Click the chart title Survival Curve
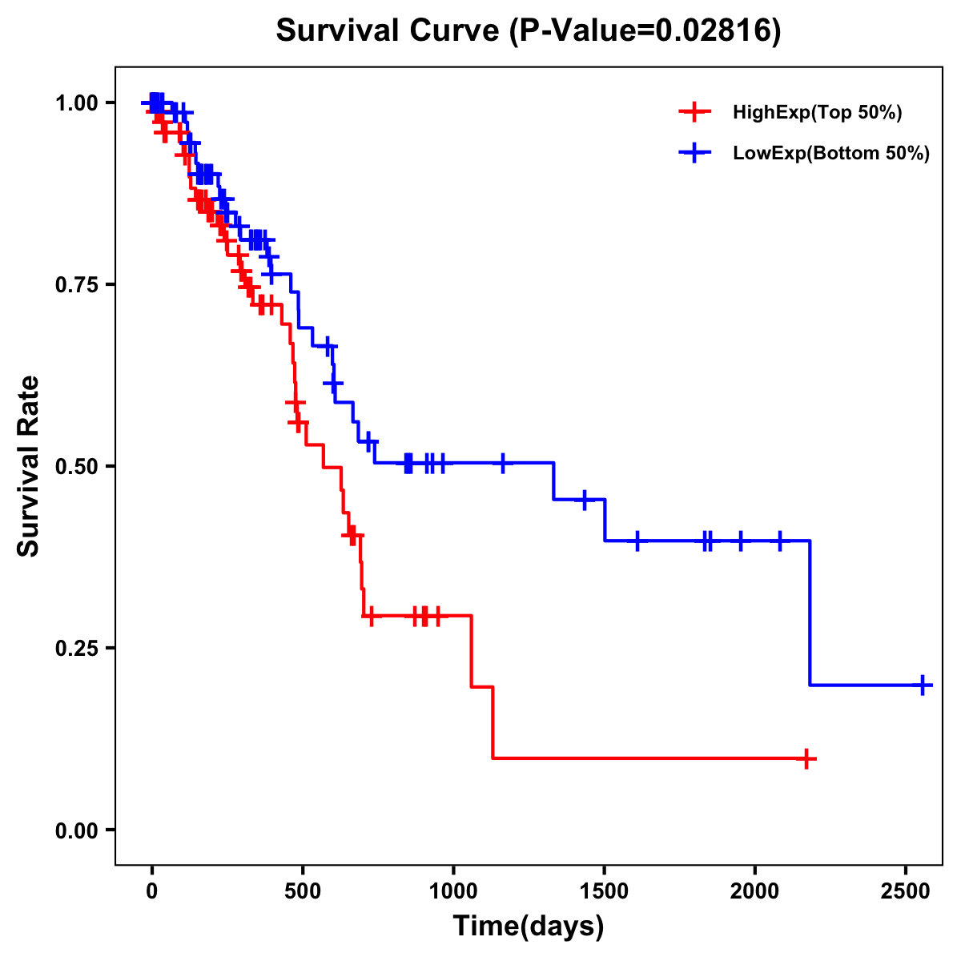pyautogui.click(x=528, y=31)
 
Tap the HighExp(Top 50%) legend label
pyautogui.click(x=818, y=113)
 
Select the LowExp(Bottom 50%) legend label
pyautogui.click(x=831, y=154)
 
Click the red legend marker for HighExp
pyautogui.click(x=694, y=112)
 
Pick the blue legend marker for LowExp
pyautogui.click(x=694, y=153)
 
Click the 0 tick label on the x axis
pyautogui.click(x=151, y=888)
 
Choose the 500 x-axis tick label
pyautogui.click(x=303, y=888)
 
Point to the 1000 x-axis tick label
pyautogui.click(x=453, y=888)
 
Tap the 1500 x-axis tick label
pyautogui.click(x=604, y=888)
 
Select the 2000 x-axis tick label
pyautogui.click(x=754, y=888)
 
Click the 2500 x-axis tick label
pyautogui.click(x=906, y=888)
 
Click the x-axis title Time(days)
pyautogui.click(x=529, y=927)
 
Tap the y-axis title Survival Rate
pyautogui.click(x=30, y=466)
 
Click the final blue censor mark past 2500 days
pyautogui.click(x=923, y=686)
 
